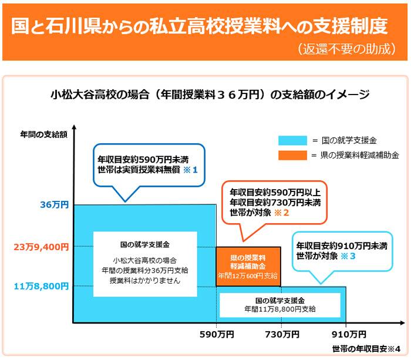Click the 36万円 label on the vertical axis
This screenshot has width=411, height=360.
point(55,205)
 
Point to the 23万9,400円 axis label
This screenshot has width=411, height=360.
point(41,247)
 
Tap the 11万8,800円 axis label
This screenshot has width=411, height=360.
point(41,287)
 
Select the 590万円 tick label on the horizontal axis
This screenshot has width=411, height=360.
point(217,335)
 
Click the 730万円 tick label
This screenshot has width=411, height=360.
point(282,335)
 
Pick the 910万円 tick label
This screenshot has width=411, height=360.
point(349,335)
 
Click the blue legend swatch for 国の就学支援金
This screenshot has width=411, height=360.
point(292,140)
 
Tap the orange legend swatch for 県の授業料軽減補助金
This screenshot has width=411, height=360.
point(292,155)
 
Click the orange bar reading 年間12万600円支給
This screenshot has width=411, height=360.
point(248,267)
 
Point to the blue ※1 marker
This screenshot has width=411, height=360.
point(190,170)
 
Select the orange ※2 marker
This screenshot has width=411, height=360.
point(281,213)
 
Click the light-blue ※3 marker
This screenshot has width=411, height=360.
point(348,256)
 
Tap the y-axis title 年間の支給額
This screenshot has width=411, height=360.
point(44,134)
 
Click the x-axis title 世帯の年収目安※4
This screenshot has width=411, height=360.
point(366,349)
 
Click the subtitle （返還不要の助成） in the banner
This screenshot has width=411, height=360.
point(347,49)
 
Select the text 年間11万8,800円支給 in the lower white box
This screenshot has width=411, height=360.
point(280,309)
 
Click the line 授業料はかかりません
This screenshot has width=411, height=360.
point(145,281)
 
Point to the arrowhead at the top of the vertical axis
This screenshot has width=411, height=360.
point(75,127)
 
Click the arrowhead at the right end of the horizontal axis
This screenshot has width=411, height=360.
point(402,323)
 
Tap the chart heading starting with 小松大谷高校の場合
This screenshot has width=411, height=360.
point(210,95)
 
